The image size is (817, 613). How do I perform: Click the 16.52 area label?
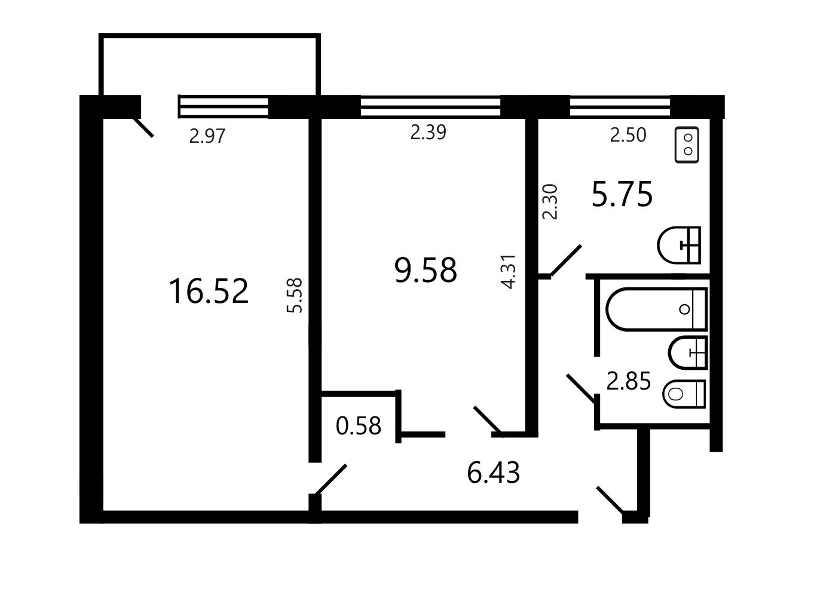coord(209,292)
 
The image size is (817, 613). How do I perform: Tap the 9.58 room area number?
coord(426,270)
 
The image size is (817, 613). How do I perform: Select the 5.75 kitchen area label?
coord(622,194)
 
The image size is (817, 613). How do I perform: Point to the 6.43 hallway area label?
coord(493,473)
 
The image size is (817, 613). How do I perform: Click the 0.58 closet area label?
coord(359,425)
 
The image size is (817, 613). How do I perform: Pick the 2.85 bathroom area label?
coord(629,381)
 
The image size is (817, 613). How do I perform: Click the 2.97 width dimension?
coord(207,136)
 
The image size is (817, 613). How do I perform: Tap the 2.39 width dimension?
coord(428,132)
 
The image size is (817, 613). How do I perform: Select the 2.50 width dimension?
coord(628,135)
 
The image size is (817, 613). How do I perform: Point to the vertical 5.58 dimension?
coord(295,295)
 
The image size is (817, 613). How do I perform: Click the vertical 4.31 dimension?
coord(508,271)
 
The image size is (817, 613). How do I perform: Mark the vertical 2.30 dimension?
coord(550,202)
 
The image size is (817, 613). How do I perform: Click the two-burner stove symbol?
coord(687,145)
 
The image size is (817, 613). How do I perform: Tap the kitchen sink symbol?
coord(678,246)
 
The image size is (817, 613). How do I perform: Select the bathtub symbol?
coord(656,309)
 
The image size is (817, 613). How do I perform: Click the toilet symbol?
coord(684,394)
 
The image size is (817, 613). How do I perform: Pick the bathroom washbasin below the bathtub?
coord(687,353)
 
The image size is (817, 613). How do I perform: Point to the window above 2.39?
coord(430,107)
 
